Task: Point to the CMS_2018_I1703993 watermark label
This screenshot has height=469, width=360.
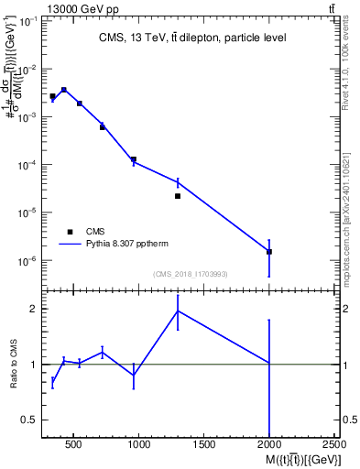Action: pos(191,274)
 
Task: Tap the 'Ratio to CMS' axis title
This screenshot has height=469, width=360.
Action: pos(16,365)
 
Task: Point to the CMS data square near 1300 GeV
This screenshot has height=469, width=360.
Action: pos(178,196)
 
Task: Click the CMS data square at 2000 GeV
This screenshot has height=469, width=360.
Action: pos(269,251)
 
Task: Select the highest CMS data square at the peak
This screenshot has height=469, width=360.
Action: pos(63,90)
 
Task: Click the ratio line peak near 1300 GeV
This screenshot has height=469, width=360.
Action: pos(178,311)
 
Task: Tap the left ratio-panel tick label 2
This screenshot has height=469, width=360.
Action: pos(33,309)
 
